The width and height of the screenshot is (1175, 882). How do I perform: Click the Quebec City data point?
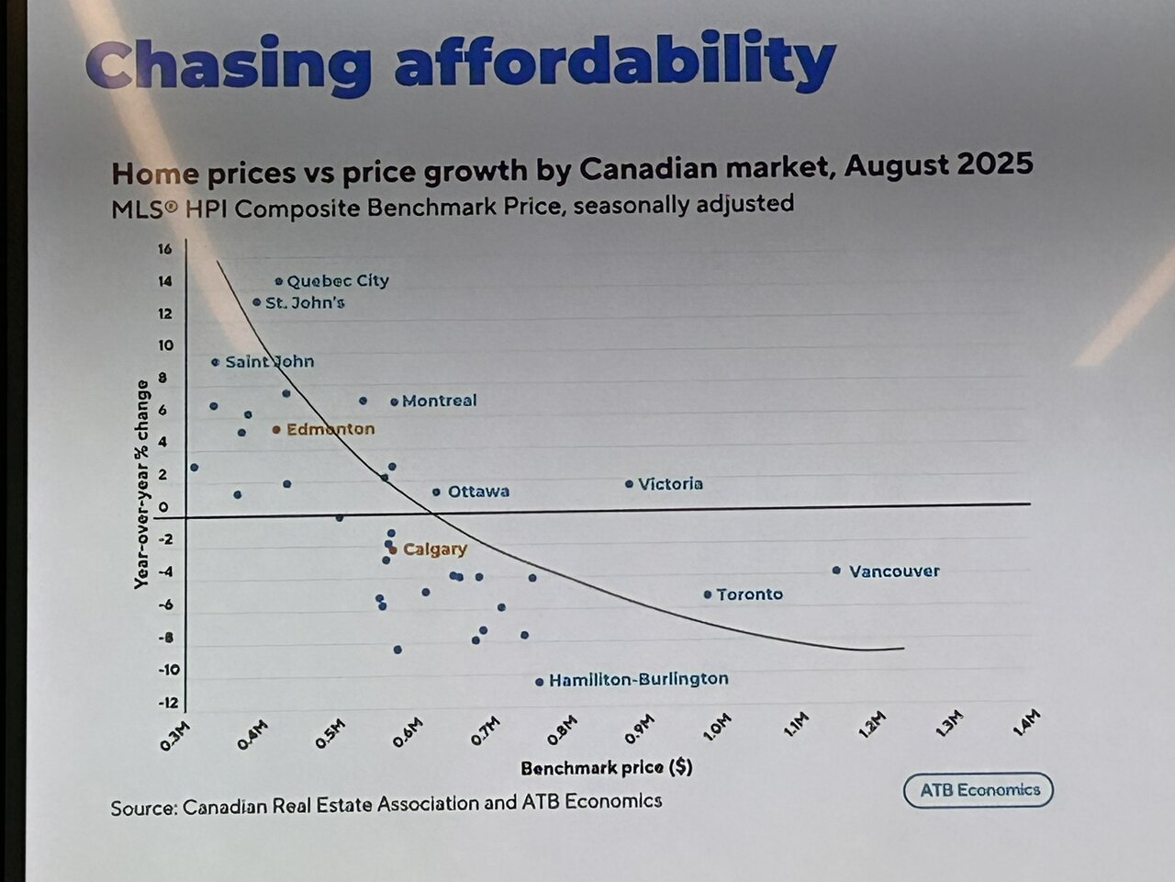[279, 281]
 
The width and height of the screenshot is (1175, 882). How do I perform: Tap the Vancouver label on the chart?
[894, 571]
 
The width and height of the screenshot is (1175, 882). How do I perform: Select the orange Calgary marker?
[393, 549]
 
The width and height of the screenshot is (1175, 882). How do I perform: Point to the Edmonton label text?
[330, 429]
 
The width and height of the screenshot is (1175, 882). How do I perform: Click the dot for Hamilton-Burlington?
[539, 682]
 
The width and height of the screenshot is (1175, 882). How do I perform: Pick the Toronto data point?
[707, 594]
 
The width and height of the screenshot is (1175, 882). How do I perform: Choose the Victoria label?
[670, 484]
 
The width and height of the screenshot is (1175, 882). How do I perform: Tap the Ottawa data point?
[436, 492]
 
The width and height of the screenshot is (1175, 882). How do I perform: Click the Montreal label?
[440, 401]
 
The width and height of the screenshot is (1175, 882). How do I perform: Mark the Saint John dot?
[216, 363]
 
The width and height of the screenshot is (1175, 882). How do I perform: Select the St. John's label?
[305, 303]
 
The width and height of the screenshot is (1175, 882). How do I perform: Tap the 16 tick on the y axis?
[164, 249]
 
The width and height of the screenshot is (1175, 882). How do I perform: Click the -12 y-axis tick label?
[167, 703]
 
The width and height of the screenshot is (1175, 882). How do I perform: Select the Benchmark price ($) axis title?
[607, 767]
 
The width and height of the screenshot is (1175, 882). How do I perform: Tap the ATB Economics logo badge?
[979, 790]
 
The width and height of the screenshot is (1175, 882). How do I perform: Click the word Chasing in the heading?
[229, 65]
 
